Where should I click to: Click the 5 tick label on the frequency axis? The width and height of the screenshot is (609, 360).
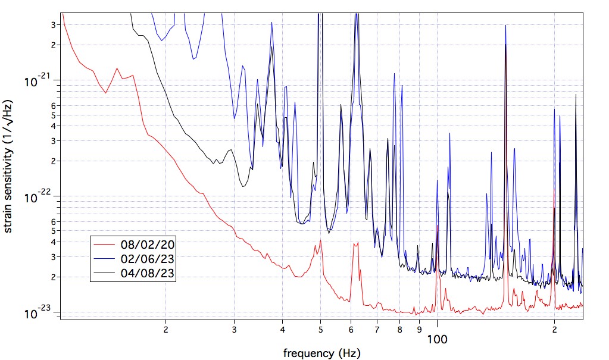[x=320, y=328]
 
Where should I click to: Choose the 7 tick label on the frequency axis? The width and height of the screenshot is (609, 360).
[x=377, y=328]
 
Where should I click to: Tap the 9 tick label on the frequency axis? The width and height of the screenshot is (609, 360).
[x=420, y=328]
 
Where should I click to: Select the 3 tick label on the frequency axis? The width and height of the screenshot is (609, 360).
[x=235, y=328]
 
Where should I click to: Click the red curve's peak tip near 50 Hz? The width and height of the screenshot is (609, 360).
[x=320, y=240]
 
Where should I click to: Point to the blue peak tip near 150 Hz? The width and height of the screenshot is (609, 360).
[x=505, y=26]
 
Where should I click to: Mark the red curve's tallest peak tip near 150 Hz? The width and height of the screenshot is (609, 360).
[x=505, y=45]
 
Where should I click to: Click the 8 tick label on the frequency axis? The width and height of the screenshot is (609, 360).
[x=400, y=328]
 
